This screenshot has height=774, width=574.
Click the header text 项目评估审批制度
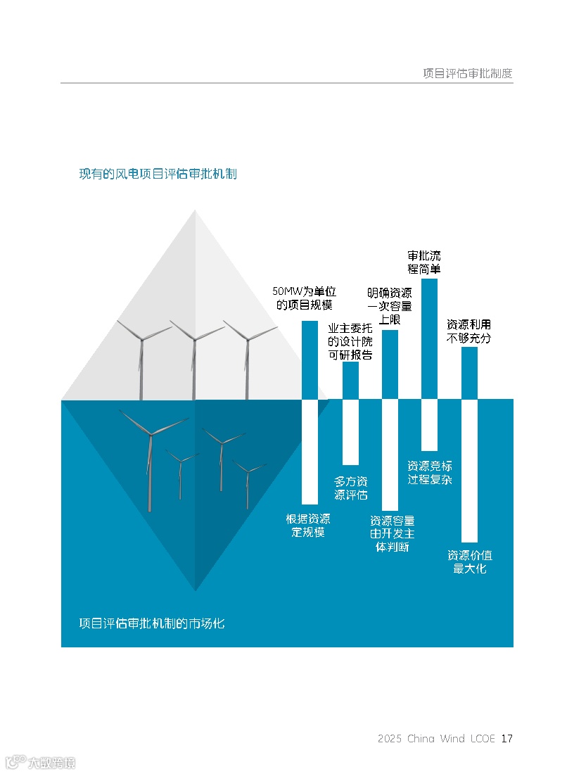pyautogui.click(x=467, y=72)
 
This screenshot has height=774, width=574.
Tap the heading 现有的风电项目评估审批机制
pyautogui.click(x=158, y=173)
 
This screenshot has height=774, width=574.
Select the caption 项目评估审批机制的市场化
pyautogui.click(x=152, y=623)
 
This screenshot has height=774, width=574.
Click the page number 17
pyautogui.click(x=506, y=738)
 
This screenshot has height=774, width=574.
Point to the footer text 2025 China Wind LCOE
pyautogui.click(x=436, y=738)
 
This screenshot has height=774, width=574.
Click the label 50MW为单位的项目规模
pyautogui.click(x=304, y=298)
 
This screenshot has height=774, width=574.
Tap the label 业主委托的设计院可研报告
pyautogui.click(x=350, y=342)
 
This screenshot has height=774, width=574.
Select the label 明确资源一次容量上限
pyautogui.click(x=389, y=305)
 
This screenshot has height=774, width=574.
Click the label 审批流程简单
pyautogui.click(x=424, y=262)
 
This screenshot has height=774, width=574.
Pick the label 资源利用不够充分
pyautogui.click(x=468, y=331)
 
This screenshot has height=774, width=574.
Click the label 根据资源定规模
pyautogui.click(x=308, y=526)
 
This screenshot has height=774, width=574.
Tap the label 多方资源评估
pyautogui.click(x=350, y=488)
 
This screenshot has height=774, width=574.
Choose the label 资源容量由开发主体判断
pyautogui.click(x=392, y=534)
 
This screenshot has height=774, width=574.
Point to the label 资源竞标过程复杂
pyautogui.click(x=429, y=472)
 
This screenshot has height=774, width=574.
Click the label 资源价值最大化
pyautogui.click(x=470, y=562)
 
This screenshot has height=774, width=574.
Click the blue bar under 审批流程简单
pyautogui.click(x=429, y=338)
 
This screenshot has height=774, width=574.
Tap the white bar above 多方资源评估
pyautogui.click(x=350, y=432)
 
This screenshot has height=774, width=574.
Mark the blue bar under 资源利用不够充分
pyautogui.click(x=469, y=373)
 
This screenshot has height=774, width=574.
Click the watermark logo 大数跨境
pyautogui.click(x=40, y=762)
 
